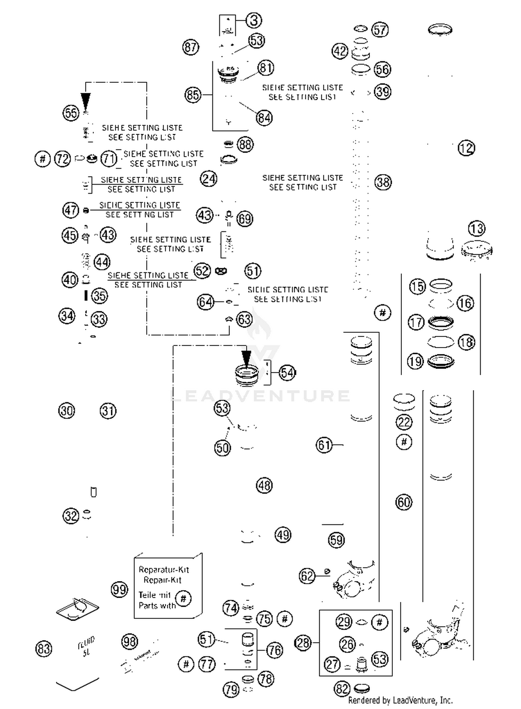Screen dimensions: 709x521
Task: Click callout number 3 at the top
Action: click(254, 21)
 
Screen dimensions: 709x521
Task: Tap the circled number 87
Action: click(191, 47)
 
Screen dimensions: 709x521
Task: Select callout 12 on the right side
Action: click(466, 148)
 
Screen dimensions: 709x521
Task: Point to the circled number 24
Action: click(208, 179)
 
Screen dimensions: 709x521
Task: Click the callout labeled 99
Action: click(119, 589)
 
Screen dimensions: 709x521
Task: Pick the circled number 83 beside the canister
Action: click(44, 649)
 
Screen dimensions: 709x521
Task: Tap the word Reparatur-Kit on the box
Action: click(164, 570)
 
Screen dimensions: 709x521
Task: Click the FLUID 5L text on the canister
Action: click(86, 646)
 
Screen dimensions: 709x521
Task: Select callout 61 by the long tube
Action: click(324, 445)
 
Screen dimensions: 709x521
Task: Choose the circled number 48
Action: click(264, 485)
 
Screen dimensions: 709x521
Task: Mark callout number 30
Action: click(66, 411)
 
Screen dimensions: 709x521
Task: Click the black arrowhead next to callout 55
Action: click(85, 101)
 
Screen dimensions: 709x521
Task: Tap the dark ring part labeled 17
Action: click(440, 323)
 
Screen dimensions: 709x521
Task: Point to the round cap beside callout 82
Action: click(362, 688)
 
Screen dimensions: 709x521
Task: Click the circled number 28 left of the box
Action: click(303, 643)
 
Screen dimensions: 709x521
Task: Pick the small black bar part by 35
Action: click(86, 296)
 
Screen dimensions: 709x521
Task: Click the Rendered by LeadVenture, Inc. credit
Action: click(400, 700)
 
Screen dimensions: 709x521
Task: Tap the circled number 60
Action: click(404, 502)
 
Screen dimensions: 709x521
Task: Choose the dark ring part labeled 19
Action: click(440, 361)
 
